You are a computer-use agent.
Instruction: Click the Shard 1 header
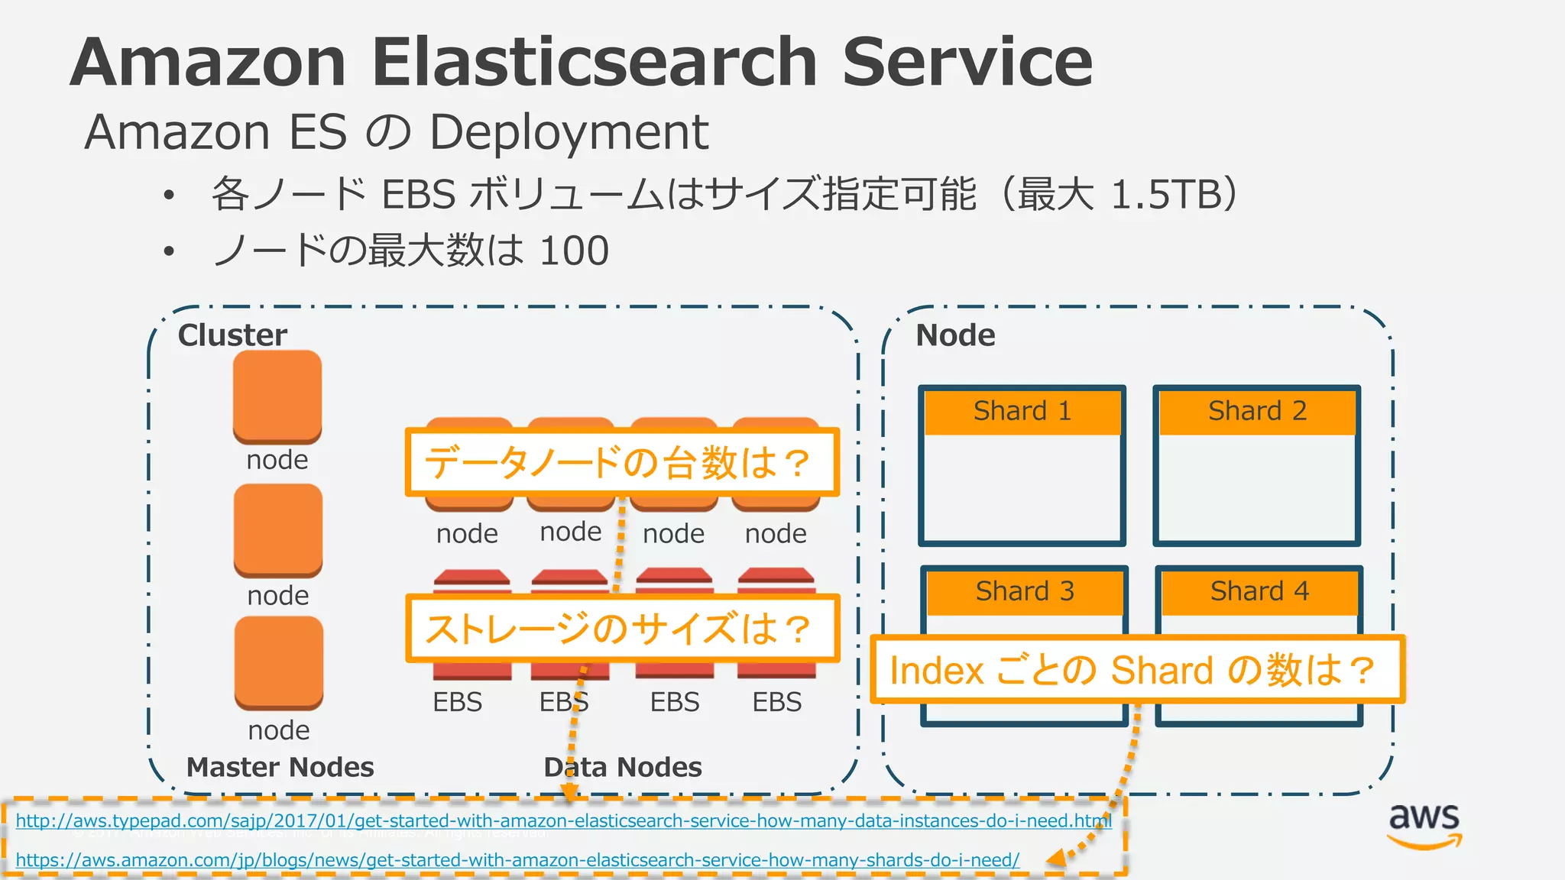[x=1022, y=412]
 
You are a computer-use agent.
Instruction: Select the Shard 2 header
[x=1257, y=412]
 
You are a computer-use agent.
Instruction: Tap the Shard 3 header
[x=1025, y=592]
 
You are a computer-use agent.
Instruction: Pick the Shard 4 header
[x=1259, y=592]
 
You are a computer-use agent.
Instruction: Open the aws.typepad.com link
[x=563, y=821]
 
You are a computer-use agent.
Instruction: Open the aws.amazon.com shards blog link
[x=517, y=860]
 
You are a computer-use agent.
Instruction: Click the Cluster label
[x=232, y=335]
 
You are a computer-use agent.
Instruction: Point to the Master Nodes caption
[x=280, y=767]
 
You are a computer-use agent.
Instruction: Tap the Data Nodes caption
[x=622, y=767]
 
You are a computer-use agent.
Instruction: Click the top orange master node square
[x=277, y=396]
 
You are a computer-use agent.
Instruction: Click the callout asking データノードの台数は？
[x=621, y=462]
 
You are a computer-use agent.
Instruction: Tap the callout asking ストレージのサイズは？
[x=621, y=629]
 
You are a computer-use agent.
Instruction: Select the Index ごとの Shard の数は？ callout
[x=1137, y=670]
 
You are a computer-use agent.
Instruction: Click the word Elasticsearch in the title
[x=595, y=63]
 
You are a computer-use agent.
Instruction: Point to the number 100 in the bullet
[x=573, y=251]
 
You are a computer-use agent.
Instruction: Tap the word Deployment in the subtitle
[x=569, y=132]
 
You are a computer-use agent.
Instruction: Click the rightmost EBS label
[x=776, y=702]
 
